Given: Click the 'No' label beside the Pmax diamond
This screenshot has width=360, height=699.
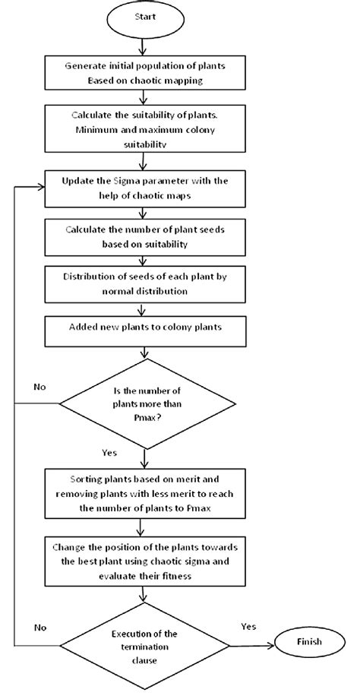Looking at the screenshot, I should pos(39,387).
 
